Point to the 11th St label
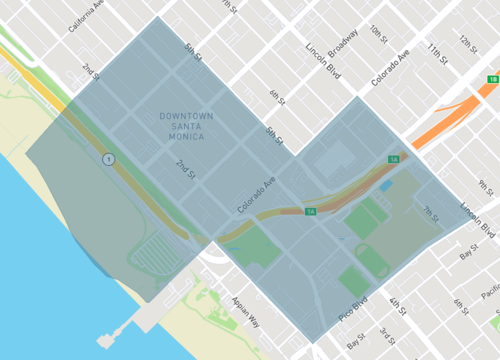point(436,47)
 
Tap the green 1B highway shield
point(493,79)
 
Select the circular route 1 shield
point(106,159)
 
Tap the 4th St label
point(397,306)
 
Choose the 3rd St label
point(386,335)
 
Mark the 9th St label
point(486,184)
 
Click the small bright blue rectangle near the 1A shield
point(386,186)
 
